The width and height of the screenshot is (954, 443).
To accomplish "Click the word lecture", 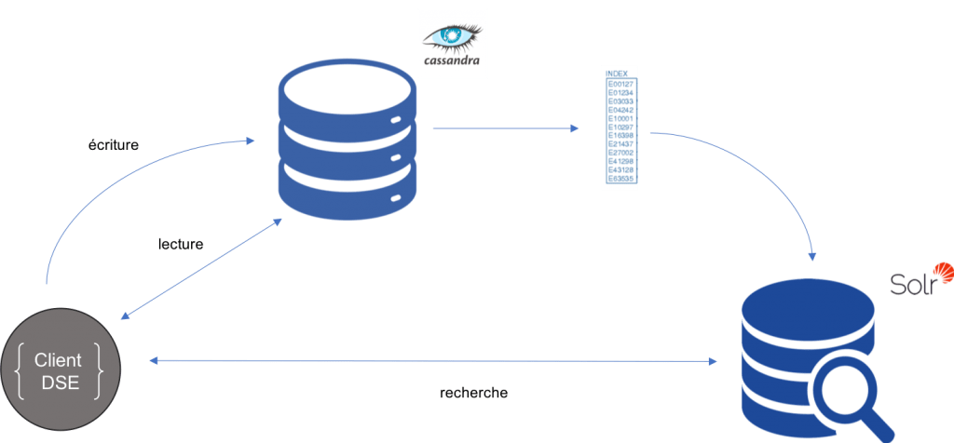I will click(181, 244).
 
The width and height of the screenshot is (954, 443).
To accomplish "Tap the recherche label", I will click(473, 393).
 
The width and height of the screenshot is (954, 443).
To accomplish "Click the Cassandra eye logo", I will click(453, 34).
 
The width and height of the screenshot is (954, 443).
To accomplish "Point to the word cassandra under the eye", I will click(453, 60).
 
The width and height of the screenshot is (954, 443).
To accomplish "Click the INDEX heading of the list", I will click(617, 74).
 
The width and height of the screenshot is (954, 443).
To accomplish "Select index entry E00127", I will click(620, 84).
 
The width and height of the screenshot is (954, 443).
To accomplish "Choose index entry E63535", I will click(620, 178).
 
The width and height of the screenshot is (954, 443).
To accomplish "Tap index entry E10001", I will click(620, 118).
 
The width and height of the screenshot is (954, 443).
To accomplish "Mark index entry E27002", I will click(620, 153).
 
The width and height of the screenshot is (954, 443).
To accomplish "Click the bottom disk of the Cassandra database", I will click(346, 191).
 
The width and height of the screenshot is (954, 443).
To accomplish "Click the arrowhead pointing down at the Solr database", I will click(814, 254).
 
